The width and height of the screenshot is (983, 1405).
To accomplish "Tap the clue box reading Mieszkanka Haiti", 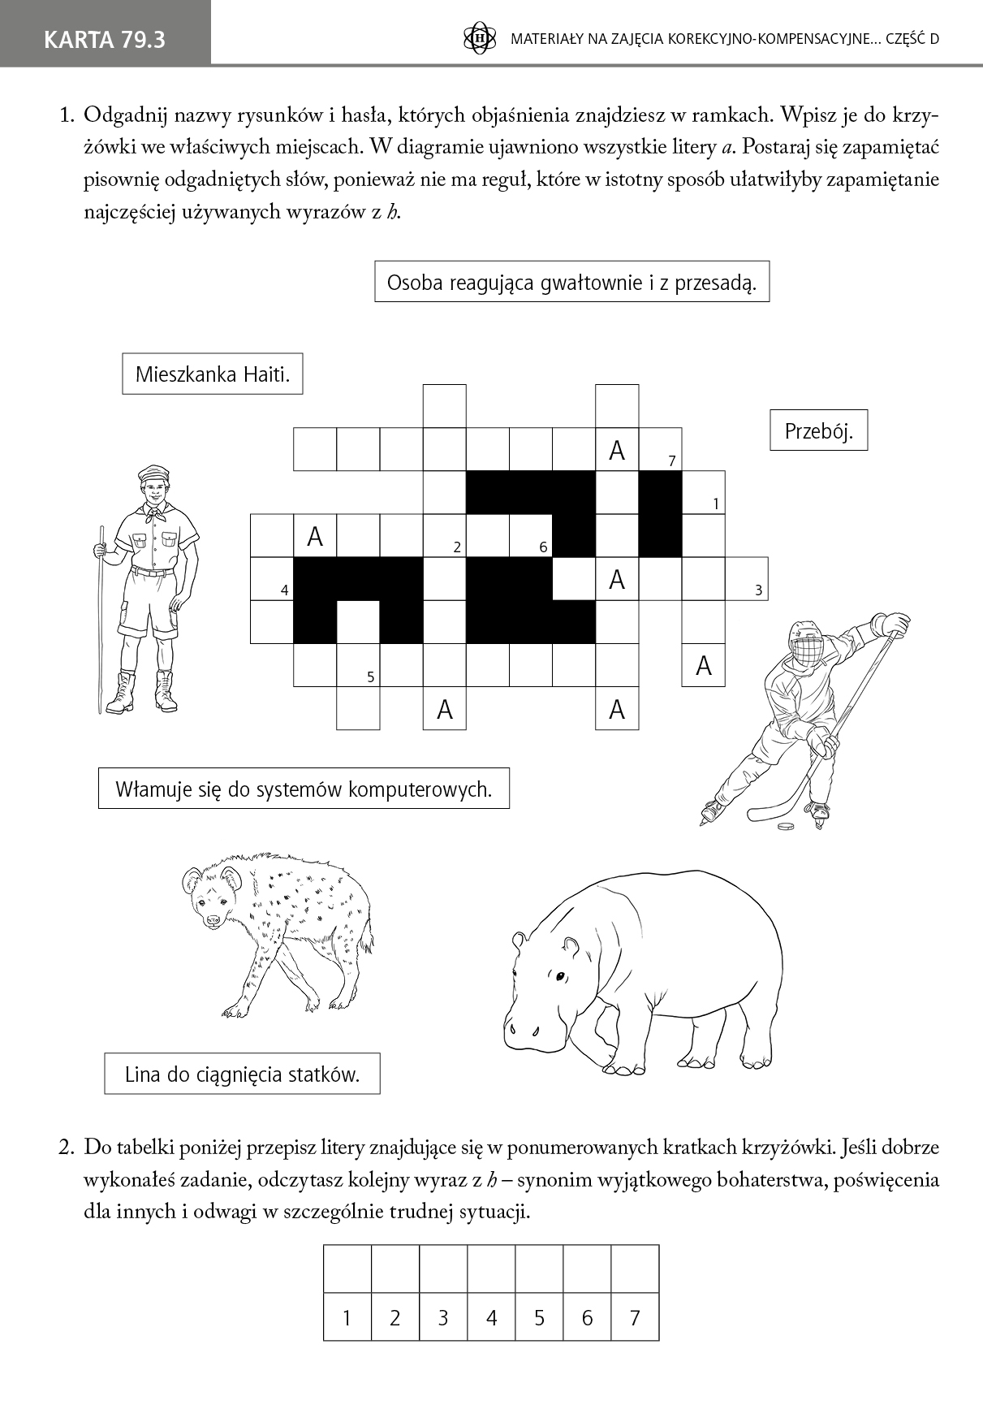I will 213,374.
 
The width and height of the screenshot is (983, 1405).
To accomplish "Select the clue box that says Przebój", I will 818,431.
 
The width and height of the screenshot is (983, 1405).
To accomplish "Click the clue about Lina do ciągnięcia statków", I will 242,1074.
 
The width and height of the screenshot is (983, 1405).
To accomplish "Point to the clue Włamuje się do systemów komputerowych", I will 304,789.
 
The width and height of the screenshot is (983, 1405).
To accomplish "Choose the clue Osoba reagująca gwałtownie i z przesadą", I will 571,282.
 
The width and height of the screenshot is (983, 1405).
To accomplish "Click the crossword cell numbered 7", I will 661,450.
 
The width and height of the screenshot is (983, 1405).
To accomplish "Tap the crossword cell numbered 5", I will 358,665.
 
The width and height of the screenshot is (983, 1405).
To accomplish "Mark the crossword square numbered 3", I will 747,579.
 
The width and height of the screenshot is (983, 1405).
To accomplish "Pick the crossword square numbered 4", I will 272,579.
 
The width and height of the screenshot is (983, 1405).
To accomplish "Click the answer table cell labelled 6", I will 587,1317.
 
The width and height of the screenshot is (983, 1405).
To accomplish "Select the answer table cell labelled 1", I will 347,1317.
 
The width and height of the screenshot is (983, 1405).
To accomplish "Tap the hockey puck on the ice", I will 786,827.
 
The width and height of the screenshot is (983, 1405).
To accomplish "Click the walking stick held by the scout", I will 101,617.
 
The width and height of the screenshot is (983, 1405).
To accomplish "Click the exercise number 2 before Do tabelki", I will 67,1148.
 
